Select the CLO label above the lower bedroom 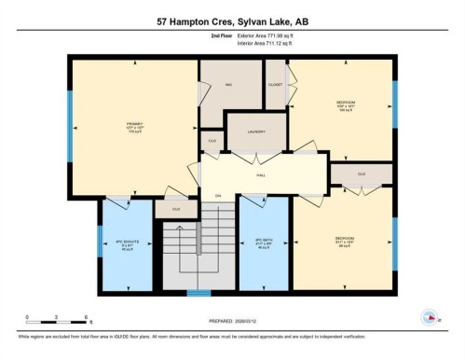[x=360, y=173]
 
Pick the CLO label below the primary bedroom [x=176, y=210]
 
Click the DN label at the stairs [x=218, y=196]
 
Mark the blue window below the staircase [x=198, y=294]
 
